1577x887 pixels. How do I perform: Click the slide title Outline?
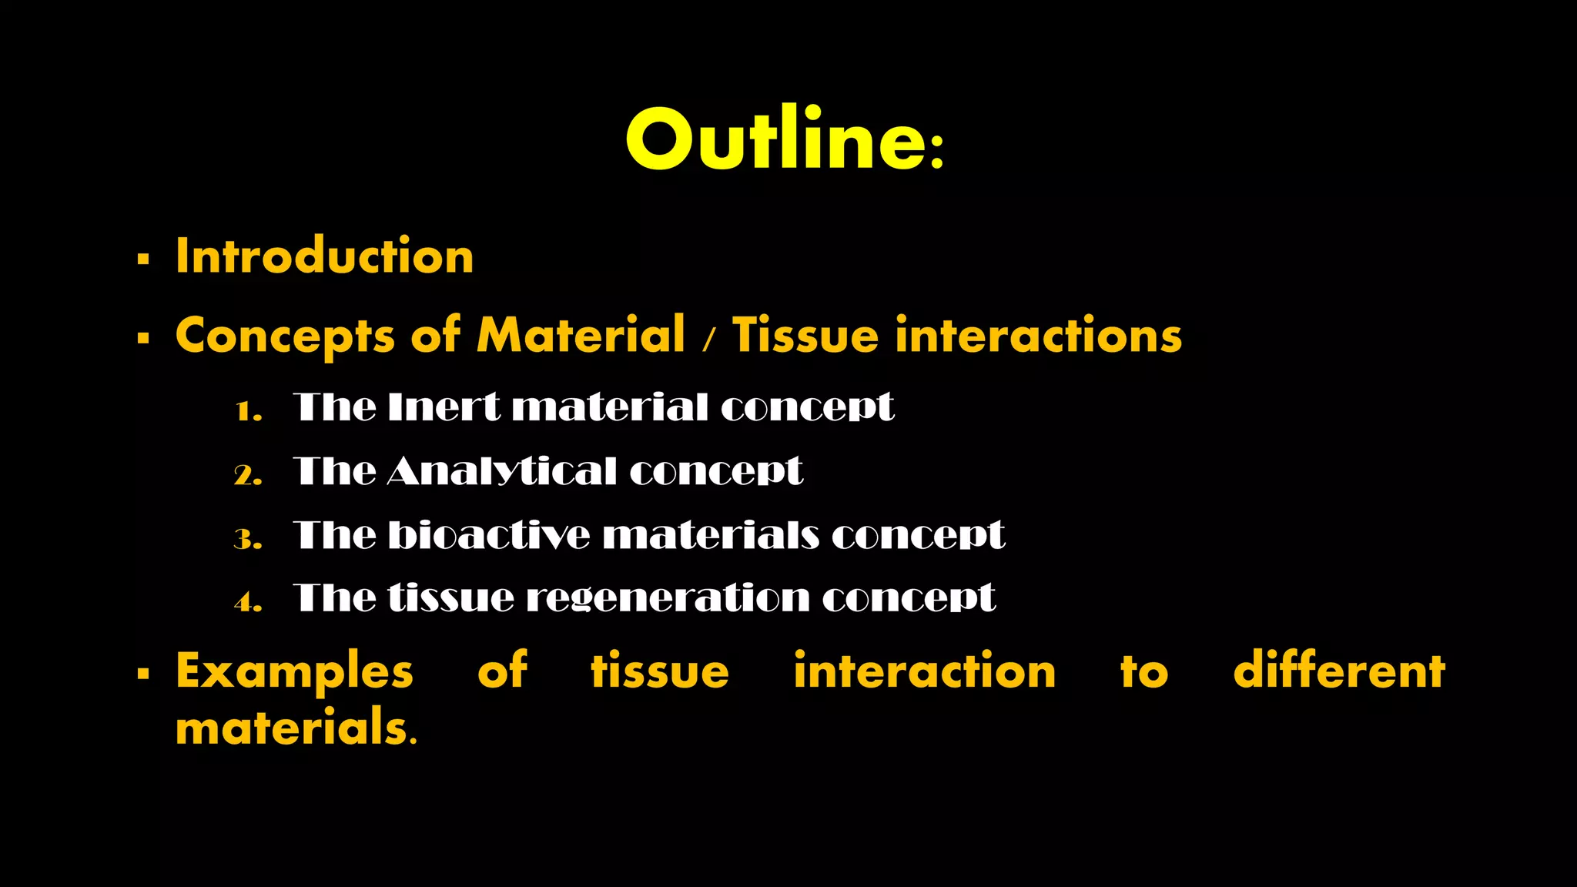click(x=784, y=139)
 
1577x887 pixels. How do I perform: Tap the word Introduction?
click(x=324, y=256)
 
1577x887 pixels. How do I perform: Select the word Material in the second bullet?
click(x=581, y=335)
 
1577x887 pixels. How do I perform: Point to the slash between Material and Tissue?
click(x=708, y=339)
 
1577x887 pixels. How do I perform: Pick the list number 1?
click(x=248, y=410)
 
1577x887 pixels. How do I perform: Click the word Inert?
click(x=444, y=407)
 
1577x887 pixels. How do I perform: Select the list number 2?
click(x=248, y=474)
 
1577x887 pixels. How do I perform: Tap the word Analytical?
click(x=501, y=471)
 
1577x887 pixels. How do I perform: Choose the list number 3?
click(x=248, y=538)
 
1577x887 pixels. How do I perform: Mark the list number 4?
click(x=248, y=601)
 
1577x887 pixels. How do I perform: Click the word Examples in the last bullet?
click(x=294, y=671)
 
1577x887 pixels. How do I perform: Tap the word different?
click(x=1339, y=670)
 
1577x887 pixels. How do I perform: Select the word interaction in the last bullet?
click(x=924, y=670)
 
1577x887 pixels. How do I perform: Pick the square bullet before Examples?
click(x=143, y=674)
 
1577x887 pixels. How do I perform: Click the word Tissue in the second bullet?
click(x=805, y=335)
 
